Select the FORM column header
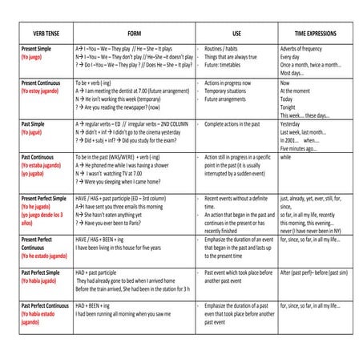coord(134,34)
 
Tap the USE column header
coord(236,34)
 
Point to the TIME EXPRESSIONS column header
coord(315,34)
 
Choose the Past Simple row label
coord(37,124)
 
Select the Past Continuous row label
coord(42,157)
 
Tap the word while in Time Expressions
coord(286,157)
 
